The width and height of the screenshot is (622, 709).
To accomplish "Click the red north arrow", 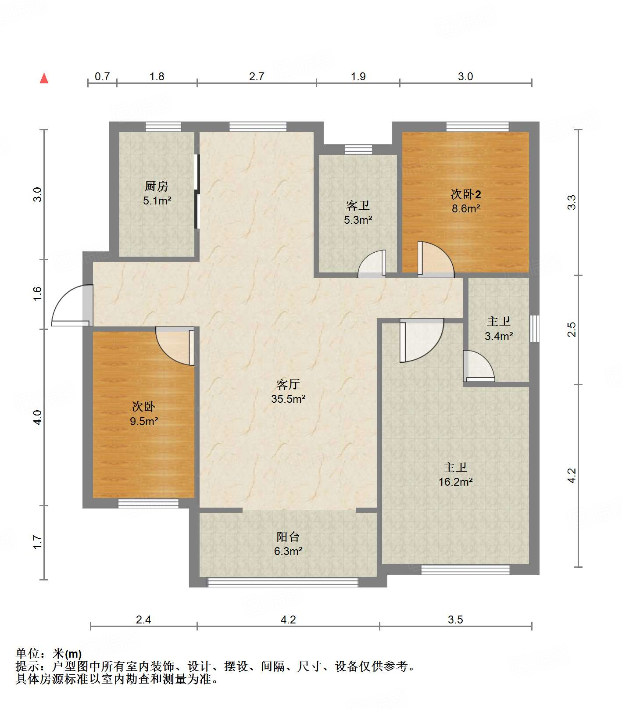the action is click(x=44, y=78).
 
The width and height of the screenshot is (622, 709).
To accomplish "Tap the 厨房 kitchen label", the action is click(x=157, y=186).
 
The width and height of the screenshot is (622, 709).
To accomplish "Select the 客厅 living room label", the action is click(x=288, y=384).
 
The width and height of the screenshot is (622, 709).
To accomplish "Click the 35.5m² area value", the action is click(x=288, y=399).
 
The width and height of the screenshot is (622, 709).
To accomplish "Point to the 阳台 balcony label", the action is click(x=288, y=537).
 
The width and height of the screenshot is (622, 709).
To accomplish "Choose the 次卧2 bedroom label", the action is click(x=466, y=194).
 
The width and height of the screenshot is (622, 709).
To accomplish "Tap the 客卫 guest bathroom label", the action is click(x=358, y=205).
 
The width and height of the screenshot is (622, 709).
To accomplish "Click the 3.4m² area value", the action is click(x=499, y=336).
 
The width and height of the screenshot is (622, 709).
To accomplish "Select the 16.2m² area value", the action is click(x=455, y=482).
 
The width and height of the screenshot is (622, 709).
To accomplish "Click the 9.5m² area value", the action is click(x=144, y=421).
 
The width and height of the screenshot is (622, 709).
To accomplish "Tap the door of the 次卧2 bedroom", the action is click(x=436, y=260).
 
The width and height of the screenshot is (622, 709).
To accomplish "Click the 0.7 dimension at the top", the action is click(x=102, y=76).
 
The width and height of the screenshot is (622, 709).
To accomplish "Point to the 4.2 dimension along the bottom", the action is click(x=288, y=619).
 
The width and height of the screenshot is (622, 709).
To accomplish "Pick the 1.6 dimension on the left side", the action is click(x=37, y=293).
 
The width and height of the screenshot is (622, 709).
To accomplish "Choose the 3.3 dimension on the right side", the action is click(x=572, y=202).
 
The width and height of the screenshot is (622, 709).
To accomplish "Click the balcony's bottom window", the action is click(x=282, y=582).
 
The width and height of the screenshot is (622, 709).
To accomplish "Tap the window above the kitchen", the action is click(x=163, y=126).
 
